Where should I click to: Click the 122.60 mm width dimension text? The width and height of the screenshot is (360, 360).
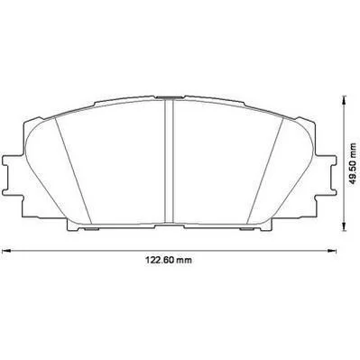pos(169,260)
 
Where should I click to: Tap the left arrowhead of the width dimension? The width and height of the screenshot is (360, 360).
pos(6,251)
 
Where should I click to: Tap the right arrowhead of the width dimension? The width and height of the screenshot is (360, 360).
pos(331,251)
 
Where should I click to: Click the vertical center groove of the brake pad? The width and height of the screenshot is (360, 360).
pos(169,162)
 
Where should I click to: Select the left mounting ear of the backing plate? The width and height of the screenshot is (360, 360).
pos(13,175)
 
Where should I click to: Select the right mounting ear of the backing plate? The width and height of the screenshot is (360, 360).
pos(326,175)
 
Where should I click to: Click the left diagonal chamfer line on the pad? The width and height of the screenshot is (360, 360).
pos(73,171)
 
